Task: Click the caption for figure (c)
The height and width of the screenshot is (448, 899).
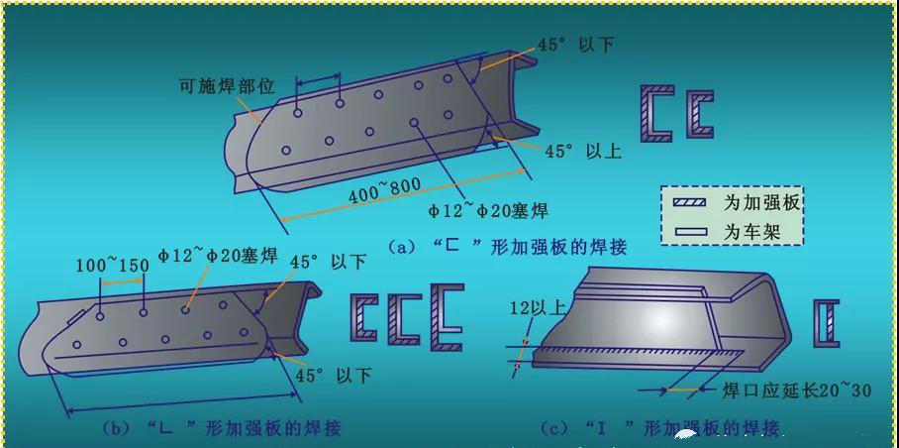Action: click(660, 428)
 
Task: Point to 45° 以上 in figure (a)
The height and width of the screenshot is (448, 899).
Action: click(583, 152)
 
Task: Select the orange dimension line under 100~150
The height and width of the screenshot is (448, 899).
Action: click(121, 283)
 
